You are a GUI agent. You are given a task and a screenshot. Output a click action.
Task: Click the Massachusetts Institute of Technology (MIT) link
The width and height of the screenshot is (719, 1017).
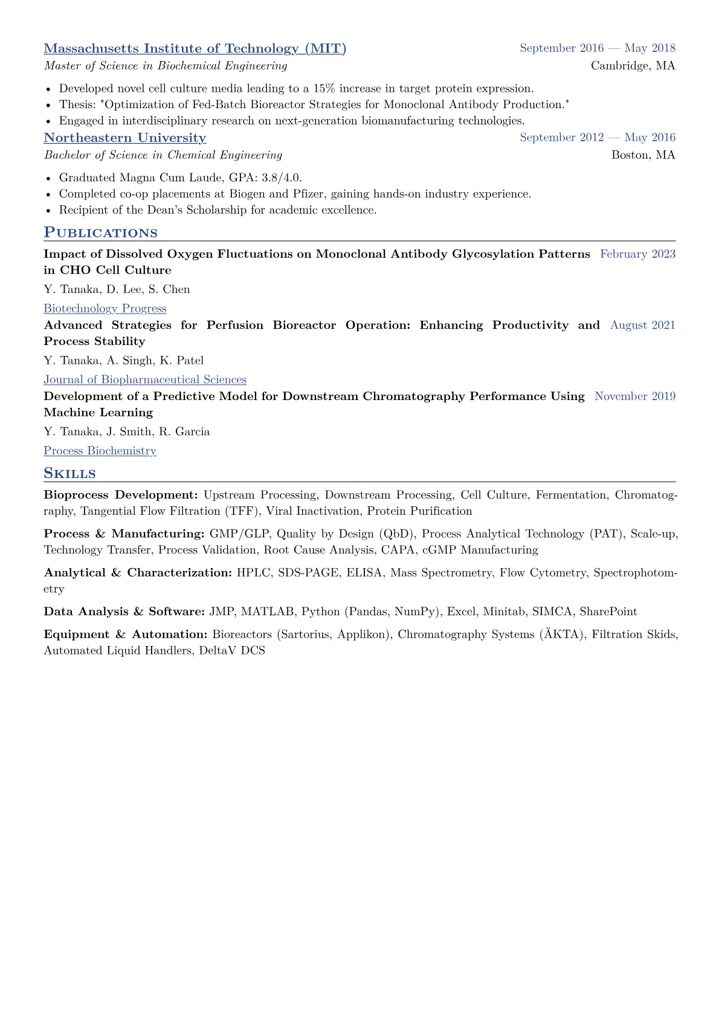[195, 48]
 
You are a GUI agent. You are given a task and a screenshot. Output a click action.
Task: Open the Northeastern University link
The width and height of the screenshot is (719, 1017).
[124, 138]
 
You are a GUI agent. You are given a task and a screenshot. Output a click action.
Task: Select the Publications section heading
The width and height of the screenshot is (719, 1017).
[100, 233]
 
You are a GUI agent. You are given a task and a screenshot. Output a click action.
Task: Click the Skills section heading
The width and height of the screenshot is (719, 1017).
[69, 473]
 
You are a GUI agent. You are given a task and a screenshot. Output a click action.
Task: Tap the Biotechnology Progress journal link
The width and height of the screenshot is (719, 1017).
[105, 308]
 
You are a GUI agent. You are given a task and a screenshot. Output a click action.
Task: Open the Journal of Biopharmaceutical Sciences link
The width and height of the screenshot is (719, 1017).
[145, 379]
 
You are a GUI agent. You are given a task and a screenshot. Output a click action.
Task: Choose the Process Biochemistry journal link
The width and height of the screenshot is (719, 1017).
[100, 451]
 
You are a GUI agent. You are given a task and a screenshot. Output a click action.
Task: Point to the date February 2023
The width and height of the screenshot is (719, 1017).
[637, 254]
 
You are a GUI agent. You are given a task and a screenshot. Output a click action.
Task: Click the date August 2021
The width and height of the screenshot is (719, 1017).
[642, 325]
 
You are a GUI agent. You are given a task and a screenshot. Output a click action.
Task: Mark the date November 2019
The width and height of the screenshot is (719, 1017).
[634, 396]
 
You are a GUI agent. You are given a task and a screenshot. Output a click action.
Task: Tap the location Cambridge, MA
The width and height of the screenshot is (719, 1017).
[633, 66]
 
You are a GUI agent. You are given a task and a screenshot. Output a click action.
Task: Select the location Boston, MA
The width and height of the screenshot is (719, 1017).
[643, 155]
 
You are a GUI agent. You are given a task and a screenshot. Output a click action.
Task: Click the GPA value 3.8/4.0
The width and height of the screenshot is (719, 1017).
[281, 178]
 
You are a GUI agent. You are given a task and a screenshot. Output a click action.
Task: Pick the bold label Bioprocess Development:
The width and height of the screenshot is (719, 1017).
[121, 495]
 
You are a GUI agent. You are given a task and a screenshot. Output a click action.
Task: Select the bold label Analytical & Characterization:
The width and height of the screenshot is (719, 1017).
[138, 572]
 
